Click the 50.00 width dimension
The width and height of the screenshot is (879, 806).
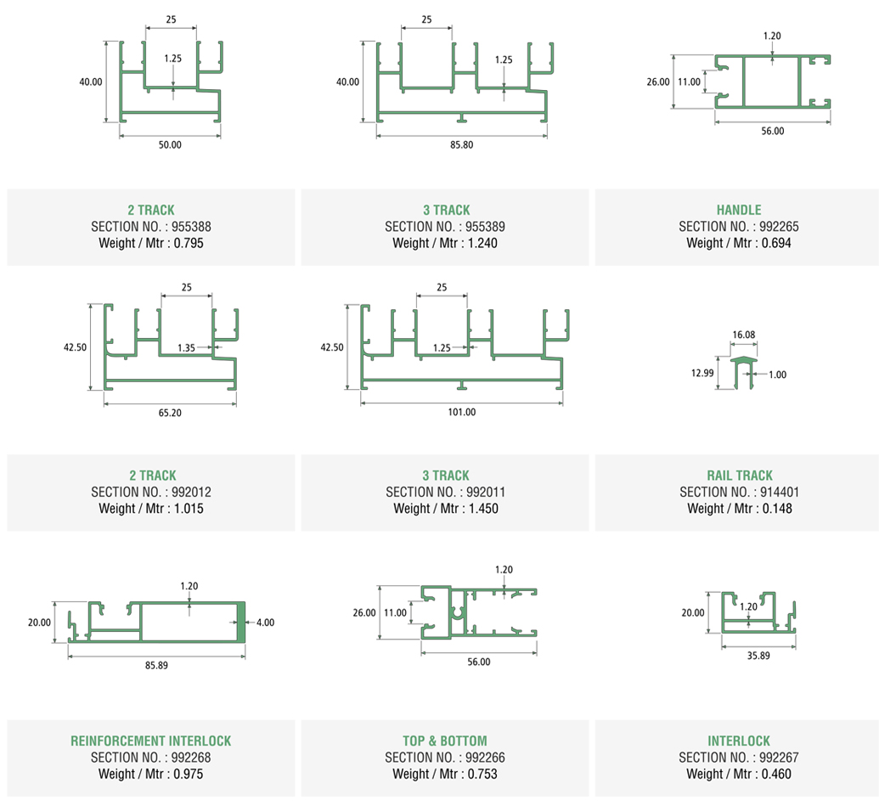pyautogui.click(x=170, y=144)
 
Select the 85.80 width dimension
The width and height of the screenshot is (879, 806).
pyautogui.click(x=461, y=144)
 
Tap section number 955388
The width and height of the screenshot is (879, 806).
pyautogui.click(x=189, y=227)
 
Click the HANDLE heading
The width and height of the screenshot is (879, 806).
pyautogui.click(x=739, y=210)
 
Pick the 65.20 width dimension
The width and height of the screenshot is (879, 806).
pyautogui.click(x=170, y=413)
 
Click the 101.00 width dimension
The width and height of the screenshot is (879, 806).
pyautogui.click(x=461, y=413)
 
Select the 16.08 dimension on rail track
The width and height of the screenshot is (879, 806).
pyautogui.click(x=743, y=335)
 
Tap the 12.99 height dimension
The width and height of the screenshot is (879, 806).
pyautogui.click(x=701, y=373)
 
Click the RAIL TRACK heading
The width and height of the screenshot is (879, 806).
pyautogui.click(x=740, y=476)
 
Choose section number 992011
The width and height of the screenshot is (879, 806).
pyautogui.click(x=482, y=492)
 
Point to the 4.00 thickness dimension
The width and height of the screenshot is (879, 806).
pyautogui.click(x=264, y=622)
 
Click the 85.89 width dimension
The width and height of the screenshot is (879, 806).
pyautogui.click(x=156, y=665)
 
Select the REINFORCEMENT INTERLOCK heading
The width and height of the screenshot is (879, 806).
pyautogui.click(x=150, y=741)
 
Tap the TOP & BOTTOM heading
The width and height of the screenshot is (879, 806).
pyautogui.click(x=445, y=741)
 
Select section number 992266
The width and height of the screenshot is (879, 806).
pyautogui.click(x=482, y=758)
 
